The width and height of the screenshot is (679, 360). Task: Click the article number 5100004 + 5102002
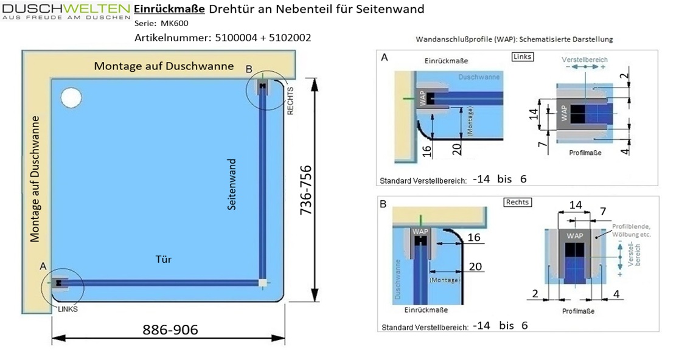[223, 38]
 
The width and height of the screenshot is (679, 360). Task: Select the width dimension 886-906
[170, 330]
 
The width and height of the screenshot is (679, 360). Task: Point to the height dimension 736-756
[307, 191]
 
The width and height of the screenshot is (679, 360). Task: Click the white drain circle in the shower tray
[71, 97]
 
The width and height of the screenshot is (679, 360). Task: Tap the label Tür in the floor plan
[164, 260]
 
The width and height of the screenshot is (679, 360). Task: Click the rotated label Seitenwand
[232, 185]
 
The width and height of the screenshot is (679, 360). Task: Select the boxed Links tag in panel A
[523, 57]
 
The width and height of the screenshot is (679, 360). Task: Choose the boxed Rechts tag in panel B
[517, 202]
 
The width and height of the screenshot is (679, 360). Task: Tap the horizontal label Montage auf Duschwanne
[164, 66]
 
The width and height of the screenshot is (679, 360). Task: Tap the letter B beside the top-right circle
[248, 69]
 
